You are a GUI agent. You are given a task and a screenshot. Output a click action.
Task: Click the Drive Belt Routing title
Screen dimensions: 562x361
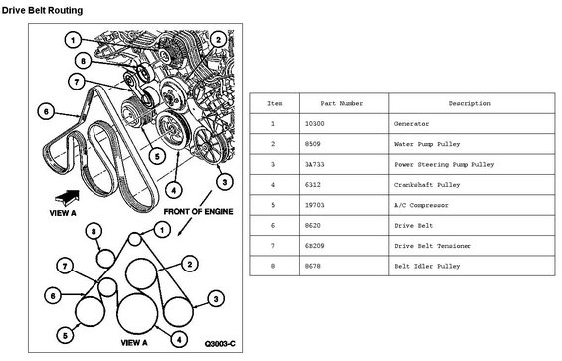coord(42,10)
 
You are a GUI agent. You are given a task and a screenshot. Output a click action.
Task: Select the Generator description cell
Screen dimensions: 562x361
coord(411,124)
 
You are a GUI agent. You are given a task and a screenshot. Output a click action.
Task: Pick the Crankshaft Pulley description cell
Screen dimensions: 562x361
coord(427,185)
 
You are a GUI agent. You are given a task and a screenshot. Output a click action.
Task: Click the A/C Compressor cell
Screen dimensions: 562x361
coord(421,205)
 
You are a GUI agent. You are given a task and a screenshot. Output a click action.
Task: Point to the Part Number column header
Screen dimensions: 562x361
coord(342,104)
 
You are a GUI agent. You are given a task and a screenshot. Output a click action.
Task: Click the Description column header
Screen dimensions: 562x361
coord(469,104)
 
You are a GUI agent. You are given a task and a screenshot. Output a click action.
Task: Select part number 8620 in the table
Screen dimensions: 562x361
coord(313,226)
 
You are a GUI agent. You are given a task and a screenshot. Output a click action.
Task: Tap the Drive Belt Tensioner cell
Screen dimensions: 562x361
coord(433,246)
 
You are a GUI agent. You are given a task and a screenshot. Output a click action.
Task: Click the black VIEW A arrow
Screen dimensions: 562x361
coord(67,198)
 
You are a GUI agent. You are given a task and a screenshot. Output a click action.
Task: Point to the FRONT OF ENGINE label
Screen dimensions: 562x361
coord(198,212)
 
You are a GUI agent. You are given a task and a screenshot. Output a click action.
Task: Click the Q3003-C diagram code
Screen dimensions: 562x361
coord(220,344)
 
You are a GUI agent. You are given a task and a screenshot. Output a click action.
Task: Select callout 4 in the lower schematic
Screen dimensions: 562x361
coord(179,339)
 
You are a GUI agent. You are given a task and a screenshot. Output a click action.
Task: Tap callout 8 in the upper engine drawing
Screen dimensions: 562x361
coord(84,61)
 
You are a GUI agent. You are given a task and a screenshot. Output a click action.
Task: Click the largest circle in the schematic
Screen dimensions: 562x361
coord(137,313)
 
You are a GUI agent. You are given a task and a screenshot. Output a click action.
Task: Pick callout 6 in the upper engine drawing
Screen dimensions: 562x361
coord(46,111)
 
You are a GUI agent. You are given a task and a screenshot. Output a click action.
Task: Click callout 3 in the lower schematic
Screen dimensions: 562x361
coord(216,299)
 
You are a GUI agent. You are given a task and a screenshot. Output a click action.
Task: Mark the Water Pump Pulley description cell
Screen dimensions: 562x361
coord(427,144)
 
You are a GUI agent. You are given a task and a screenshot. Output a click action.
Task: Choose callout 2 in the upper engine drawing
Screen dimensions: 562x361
coord(218,40)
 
